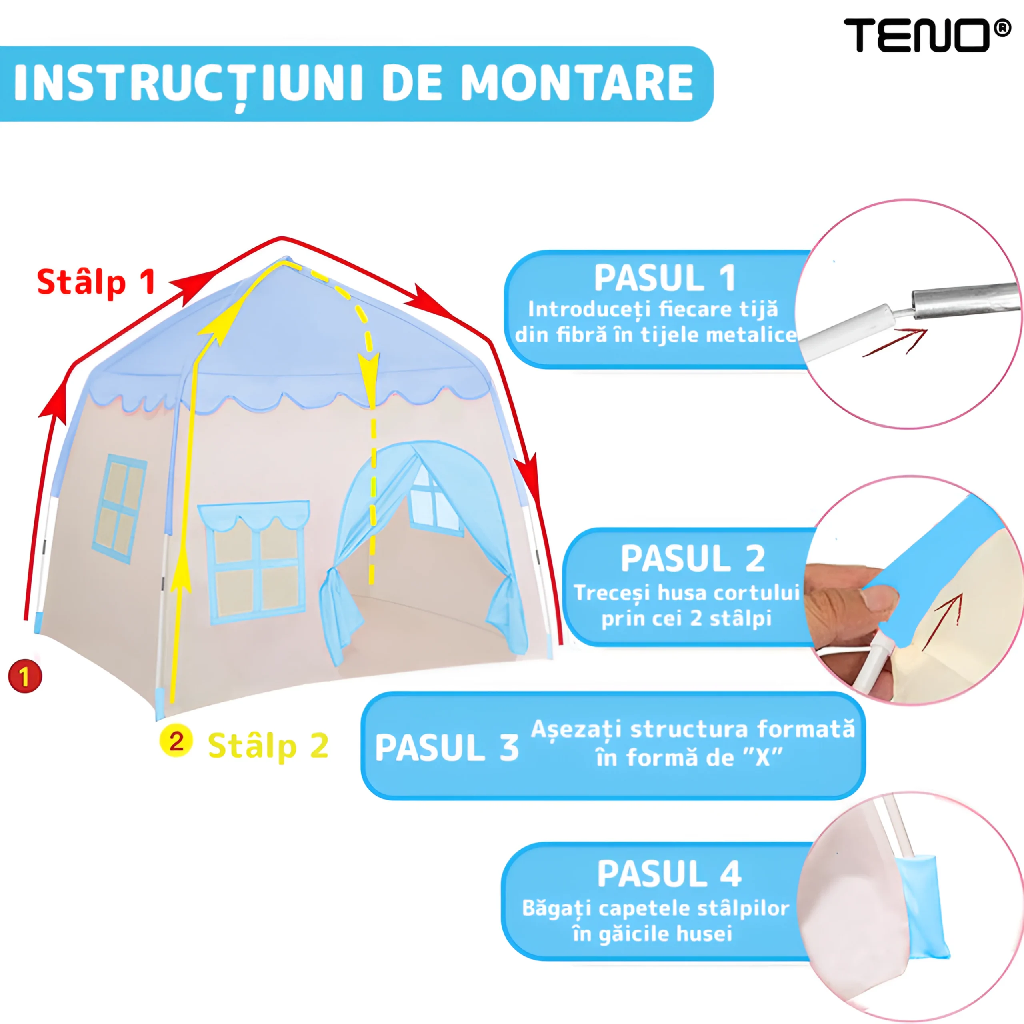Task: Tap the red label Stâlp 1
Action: pos(96,282)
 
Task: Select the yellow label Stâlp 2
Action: pos(268,746)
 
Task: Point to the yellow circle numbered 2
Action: pos(176,741)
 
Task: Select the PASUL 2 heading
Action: pos(693,559)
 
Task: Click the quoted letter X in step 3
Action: pos(762,758)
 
